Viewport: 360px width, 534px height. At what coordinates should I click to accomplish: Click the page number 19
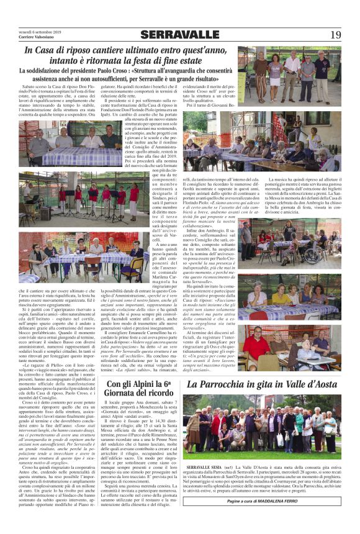pos(336,35)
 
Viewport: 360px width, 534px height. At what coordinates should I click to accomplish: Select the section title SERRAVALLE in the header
pos(179,34)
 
